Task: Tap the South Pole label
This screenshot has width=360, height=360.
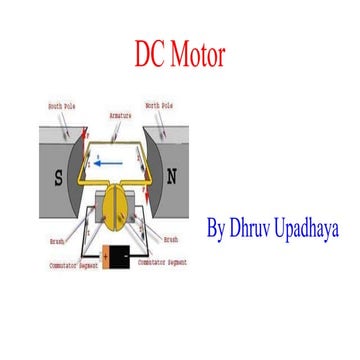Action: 62,104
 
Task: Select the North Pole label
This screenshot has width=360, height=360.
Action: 160,104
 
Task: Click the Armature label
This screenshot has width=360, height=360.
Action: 122,115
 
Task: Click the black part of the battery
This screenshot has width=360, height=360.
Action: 123,253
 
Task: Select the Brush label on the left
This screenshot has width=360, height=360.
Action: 57,240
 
